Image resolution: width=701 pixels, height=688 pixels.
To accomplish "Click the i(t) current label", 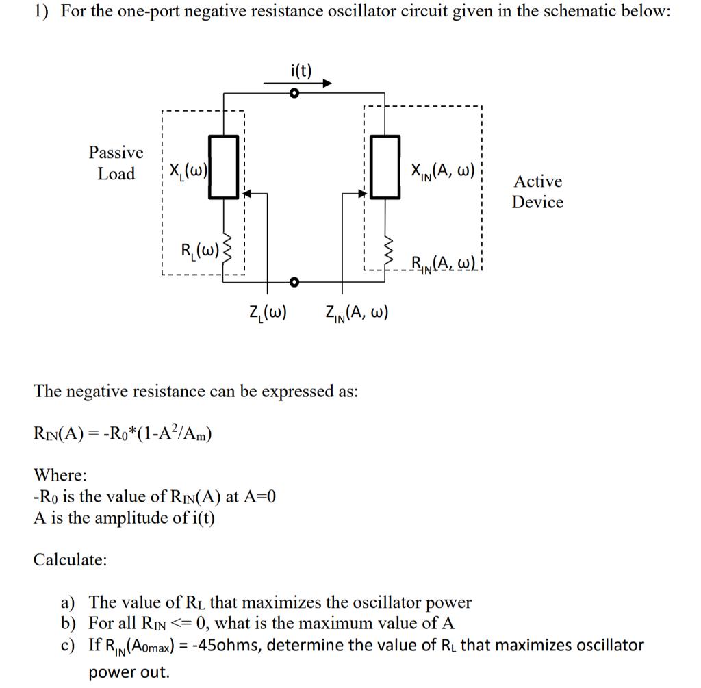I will tap(301, 70).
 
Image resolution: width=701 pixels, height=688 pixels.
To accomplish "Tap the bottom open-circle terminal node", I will tap(294, 281).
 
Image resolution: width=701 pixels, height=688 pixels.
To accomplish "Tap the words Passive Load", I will tap(116, 163).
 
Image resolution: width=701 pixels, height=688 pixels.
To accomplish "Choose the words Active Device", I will tap(538, 192).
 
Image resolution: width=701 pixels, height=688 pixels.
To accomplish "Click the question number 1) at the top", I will tap(43, 14).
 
